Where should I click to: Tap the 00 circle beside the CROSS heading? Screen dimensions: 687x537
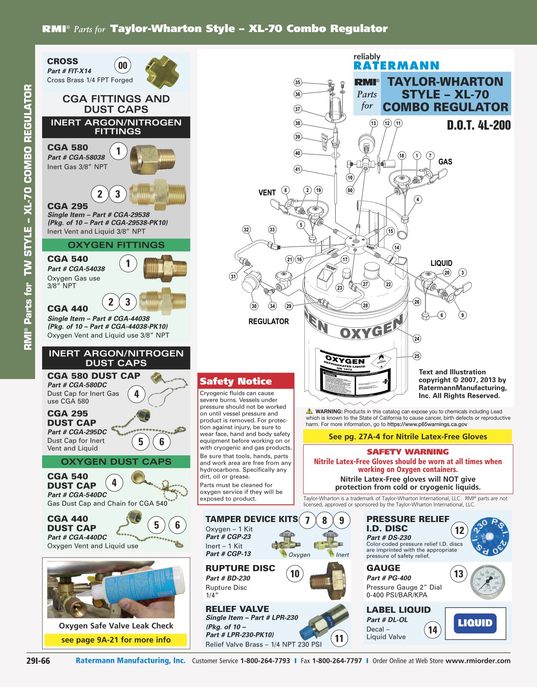pyautogui.click(x=123, y=66)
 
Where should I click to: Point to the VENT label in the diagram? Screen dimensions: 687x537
pyautogui.click(x=267, y=193)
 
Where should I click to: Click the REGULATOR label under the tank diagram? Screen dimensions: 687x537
pyautogui.click(x=268, y=322)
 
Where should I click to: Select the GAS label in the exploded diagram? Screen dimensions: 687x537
pyautogui.click(x=445, y=162)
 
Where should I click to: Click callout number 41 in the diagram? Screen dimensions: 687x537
pyautogui.click(x=298, y=169)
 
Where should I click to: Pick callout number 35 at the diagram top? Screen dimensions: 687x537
pyautogui.click(x=298, y=82)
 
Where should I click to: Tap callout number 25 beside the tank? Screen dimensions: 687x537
pyautogui.click(x=417, y=356)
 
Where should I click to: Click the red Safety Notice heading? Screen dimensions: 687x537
pyautogui.click(x=236, y=381)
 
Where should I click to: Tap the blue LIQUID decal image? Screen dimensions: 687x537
pyautogui.click(x=475, y=623)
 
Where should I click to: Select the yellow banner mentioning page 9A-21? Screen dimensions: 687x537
pyautogui.click(x=116, y=640)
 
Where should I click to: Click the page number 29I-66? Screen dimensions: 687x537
pyautogui.click(x=38, y=661)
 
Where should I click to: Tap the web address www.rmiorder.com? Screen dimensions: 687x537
pyautogui.click(x=478, y=661)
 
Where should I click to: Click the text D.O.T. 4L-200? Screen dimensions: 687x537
pyautogui.click(x=479, y=125)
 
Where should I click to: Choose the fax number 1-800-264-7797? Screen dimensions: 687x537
pyautogui.click(x=337, y=661)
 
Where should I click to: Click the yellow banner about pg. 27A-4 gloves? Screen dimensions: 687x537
pyautogui.click(x=408, y=437)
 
